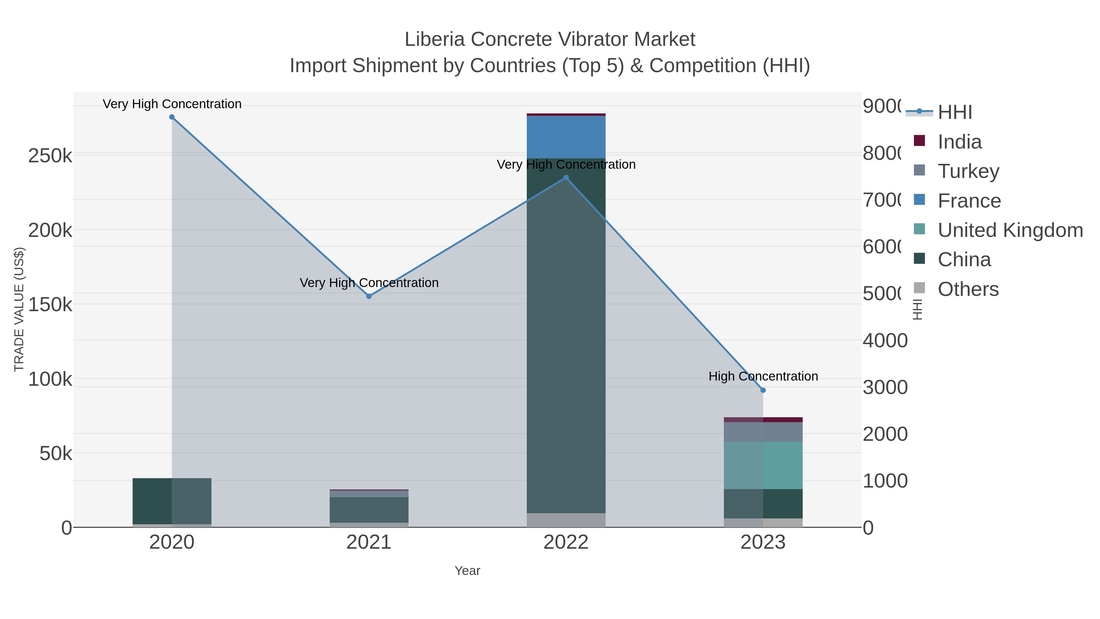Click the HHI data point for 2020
point(172,117)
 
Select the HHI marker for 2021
point(369,296)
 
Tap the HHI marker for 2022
point(566,178)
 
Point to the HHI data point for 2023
point(763,390)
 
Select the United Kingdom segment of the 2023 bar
point(763,465)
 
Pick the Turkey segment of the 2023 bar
point(763,432)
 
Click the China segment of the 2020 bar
point(172,501)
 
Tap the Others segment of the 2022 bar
point(566,520)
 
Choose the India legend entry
point(959,142)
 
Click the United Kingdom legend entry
point(1010,230)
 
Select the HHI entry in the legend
point(955,112)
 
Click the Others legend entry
point(968,289)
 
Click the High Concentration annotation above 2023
point(763,376)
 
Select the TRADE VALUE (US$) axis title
point(19,309)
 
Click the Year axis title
point(467,571)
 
